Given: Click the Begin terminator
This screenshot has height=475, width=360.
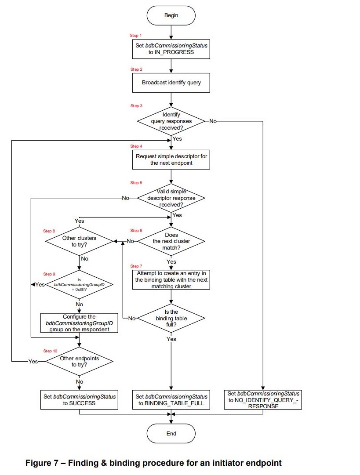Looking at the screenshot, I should pos(171,15).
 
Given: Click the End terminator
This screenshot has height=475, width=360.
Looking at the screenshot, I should pos(171,433).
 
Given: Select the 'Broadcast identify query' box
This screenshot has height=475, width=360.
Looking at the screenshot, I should pos(171,82).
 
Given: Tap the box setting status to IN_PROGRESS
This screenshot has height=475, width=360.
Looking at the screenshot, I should pos(171,48).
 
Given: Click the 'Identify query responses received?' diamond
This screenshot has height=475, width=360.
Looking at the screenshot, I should pos(171,121).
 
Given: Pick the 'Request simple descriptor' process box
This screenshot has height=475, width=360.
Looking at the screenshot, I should pos(171,160).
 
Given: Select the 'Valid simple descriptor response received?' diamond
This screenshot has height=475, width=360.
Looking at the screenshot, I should pos(171,198).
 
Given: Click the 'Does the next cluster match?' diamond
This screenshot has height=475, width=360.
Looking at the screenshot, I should pos(171,241).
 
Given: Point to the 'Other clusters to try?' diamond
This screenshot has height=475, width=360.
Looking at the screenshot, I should pos(79,241).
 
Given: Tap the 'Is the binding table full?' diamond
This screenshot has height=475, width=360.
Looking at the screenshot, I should pos(171,318).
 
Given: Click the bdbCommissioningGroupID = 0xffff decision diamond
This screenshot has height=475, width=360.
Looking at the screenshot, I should pos(79,284).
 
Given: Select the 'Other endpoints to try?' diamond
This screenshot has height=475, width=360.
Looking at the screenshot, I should pos(79,361).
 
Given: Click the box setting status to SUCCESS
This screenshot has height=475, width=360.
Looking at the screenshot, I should pos(79,399).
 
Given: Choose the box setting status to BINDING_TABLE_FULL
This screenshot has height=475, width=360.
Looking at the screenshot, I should pos(171,399).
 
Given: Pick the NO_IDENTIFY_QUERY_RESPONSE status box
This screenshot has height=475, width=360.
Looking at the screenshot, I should pos(263,399).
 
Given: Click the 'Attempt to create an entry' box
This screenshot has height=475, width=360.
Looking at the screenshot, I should pos(171,279).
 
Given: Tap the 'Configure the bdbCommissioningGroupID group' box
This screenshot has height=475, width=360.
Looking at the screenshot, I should pos(79,323).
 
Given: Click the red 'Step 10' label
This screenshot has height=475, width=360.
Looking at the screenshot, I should pos(50,351).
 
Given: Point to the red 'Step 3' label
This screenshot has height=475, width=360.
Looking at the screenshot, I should pos(136,106).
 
